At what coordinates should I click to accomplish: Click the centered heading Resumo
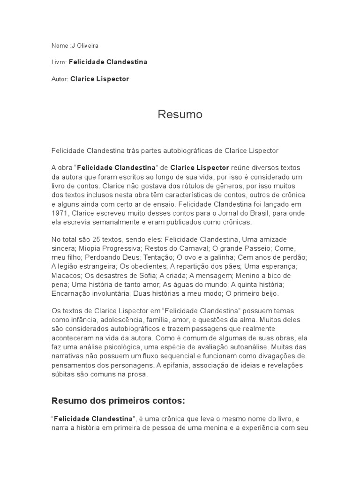180,114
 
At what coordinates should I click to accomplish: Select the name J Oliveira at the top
84,45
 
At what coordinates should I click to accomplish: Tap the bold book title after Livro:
108,62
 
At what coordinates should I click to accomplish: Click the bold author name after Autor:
99,79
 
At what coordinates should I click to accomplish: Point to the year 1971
60,213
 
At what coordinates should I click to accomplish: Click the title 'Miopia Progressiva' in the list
105,248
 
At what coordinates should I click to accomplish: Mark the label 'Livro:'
59,62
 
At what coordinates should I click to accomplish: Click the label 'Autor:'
60,79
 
